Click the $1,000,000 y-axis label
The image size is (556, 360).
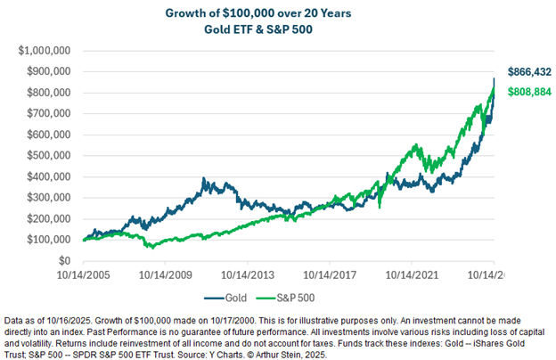(x=45, y=51)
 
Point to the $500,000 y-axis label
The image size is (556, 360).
(x=49, y=155)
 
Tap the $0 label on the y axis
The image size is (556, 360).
(x=64, y=261)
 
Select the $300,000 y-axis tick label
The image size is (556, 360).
(x=49, y=198)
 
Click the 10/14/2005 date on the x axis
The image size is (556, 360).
(x=84, y=274)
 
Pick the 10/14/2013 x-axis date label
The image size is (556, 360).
(x=248, y=274)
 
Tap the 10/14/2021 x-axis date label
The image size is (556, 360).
(x=412, y=274)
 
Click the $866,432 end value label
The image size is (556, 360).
(x=529, y=71)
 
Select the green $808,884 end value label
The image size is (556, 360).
(x=529, y=92)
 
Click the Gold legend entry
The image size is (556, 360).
(x=225, y=298)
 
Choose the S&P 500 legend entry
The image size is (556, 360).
(x=285, y=298)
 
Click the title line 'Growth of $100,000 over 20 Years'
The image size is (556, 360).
(x=258, y=13)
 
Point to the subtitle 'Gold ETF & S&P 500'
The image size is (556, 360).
(x=258, y=29)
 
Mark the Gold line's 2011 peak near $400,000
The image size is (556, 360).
(x=203, y=178)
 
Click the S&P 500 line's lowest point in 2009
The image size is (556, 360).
(x=153, y=248)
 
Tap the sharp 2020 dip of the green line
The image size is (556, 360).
(x=380, y=207)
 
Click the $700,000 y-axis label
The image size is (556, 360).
(x=49, y=113)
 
